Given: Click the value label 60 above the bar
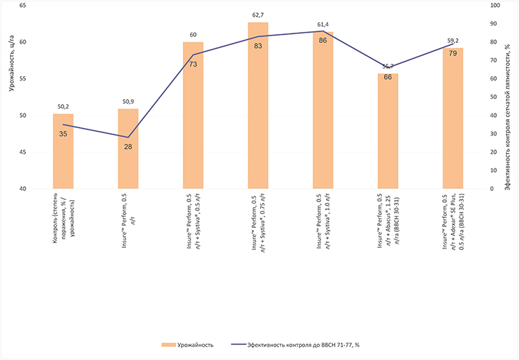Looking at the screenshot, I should tap(193, 35).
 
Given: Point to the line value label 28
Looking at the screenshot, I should tap(128, 147).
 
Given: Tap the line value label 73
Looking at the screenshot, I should tap(193, 64).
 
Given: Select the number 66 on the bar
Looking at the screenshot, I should tap(388, 77).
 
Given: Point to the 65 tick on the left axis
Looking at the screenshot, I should tap(23, 5).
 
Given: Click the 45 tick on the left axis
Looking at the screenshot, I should tap(23, 152).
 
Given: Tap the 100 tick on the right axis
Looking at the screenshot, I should tap(493, 5).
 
